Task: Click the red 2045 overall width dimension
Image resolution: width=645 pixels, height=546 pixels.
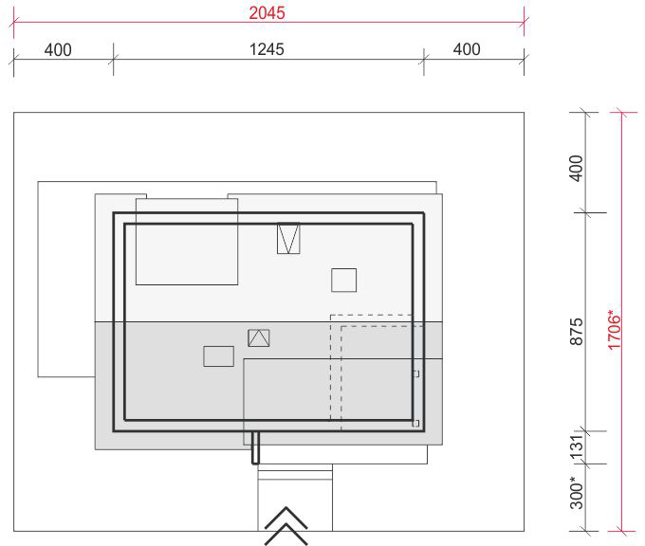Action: [x=267, y=12]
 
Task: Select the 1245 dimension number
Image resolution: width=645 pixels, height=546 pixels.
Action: [x=267, y=49]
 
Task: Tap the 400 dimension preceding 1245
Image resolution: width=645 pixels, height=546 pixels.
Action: [x=58, y=50]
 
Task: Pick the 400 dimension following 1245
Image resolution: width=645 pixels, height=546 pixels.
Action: [x=467, y=49]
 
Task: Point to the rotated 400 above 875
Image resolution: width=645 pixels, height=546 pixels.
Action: [x=577, y=168]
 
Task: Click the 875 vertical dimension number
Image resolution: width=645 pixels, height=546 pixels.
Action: [x=577, y=332]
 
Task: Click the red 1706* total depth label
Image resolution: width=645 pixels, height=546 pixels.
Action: [x=614, y=330]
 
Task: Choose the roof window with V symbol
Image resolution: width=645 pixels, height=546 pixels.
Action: [x=288, y=239]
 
